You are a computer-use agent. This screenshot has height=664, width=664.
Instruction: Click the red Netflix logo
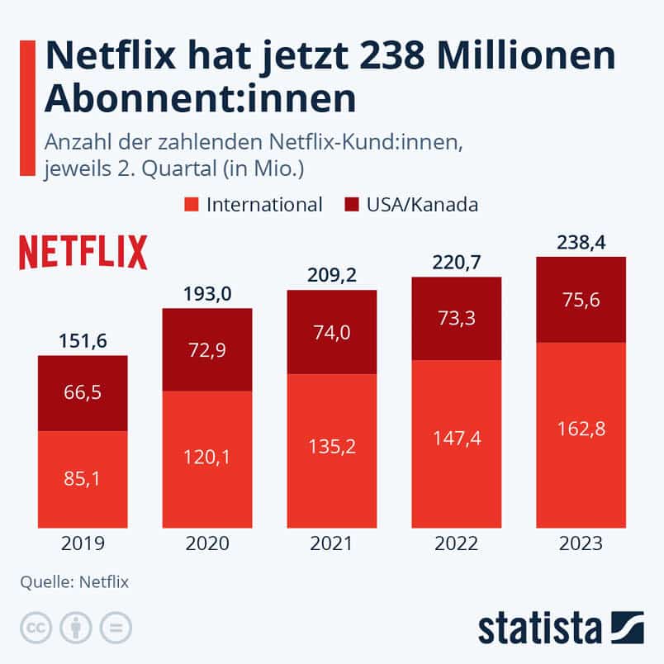(x=83, y=251)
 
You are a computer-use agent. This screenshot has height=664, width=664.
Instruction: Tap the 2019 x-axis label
(x=83, y=543)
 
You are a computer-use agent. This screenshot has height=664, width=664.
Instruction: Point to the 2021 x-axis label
(x=331, y=543)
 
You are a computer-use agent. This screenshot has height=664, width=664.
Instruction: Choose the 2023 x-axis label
(x=581, y=543)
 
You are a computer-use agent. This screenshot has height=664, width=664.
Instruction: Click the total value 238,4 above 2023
(x=581, y=243)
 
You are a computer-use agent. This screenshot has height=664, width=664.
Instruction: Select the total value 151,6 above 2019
(x=83, y=341)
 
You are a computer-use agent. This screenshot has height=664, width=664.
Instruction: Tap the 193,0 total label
(x=207, y=294)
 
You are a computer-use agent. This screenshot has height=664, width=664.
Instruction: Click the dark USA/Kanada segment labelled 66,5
(x=83, y=393)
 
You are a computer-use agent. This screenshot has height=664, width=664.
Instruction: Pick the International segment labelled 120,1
(x=207, y=458)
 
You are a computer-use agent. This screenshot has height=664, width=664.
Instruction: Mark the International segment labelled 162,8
(x=581, y=434)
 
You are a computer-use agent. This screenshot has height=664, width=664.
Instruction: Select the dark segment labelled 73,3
(x=456, y=318)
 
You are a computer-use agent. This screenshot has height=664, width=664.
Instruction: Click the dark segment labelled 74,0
(x=331, y=331)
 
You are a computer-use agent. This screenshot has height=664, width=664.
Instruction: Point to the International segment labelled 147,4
(x=456, y=443)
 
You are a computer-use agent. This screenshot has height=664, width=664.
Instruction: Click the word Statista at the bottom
(x=541, y=627)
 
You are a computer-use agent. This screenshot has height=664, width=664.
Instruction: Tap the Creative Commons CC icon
(x=36, y=627)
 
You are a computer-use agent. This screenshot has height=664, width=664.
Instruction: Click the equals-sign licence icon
(x=116, y=627)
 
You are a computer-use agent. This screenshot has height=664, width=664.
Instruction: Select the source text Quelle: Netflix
(x=74, y=581)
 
